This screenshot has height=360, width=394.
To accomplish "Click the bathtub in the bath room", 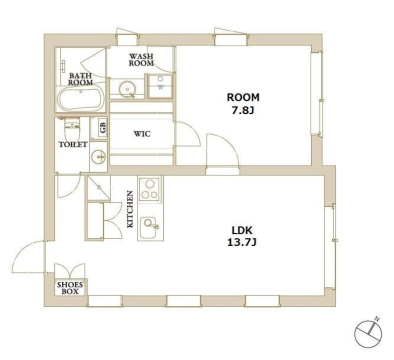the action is (81, 99).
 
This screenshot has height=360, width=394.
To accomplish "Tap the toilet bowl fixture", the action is (72, 130).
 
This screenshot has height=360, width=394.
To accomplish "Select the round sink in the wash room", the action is (127, 89).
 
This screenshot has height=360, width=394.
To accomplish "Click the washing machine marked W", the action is (160, 86).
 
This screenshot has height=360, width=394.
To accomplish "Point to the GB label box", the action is (103, 128).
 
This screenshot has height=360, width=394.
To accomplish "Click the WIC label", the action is (142, 134).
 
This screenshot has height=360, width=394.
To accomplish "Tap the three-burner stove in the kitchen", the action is (149, 189).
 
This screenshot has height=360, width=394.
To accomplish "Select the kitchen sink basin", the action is (148, 227).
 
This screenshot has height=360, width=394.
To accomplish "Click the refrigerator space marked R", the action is (98, 188).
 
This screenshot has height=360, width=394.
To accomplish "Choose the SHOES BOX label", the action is (70, 288).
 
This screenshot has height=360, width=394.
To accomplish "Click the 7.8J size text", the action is (243, 111).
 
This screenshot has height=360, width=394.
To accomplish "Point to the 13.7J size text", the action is (242, 242).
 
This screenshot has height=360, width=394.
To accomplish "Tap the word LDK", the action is (242, 230).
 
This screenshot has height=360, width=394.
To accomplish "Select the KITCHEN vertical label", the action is (130, 210).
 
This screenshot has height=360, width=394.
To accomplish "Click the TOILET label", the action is (73, 144).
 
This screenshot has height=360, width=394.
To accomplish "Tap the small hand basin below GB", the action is (98, 157).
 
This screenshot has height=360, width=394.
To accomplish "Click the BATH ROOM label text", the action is (81, 79).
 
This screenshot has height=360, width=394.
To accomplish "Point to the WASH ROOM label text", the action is (141, 60).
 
